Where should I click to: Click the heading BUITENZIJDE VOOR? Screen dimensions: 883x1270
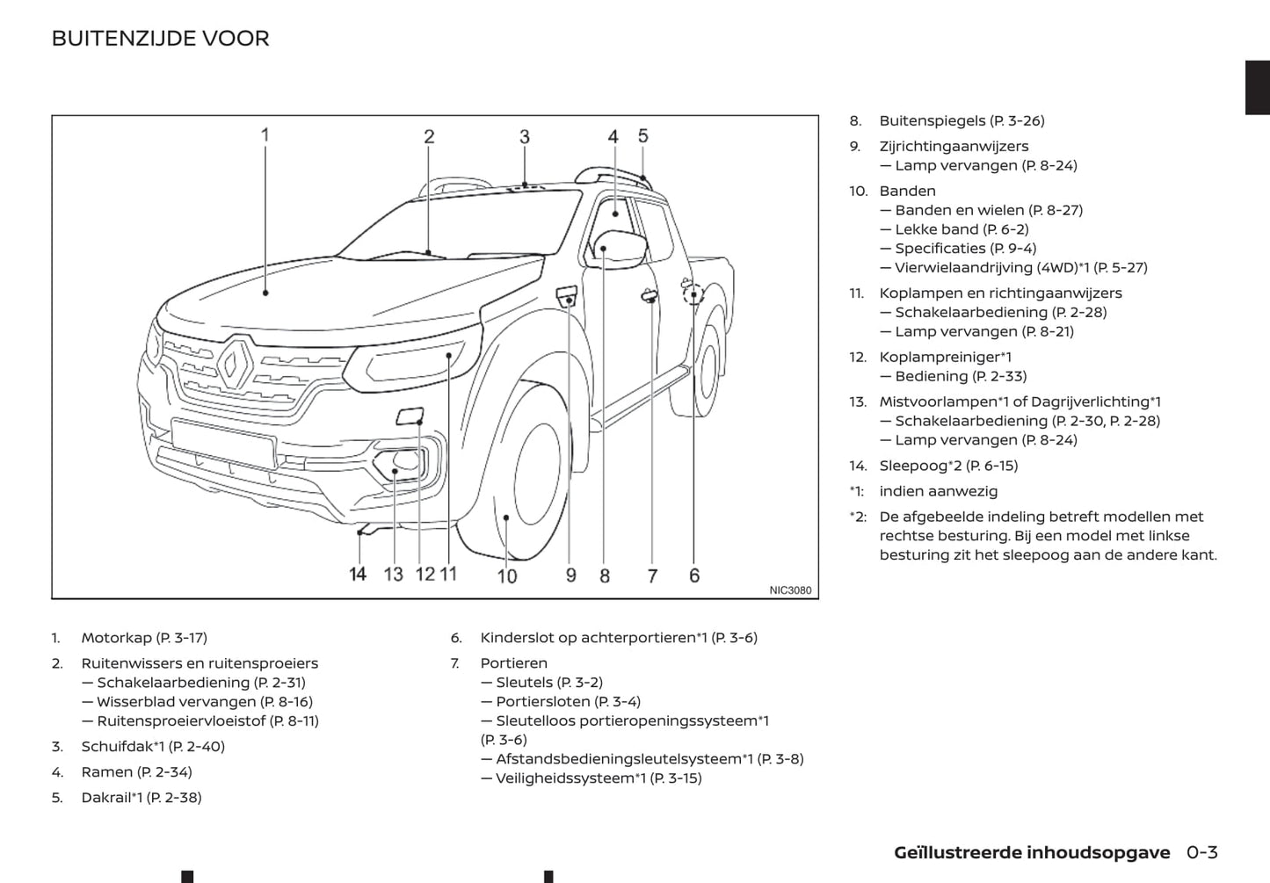(x=160, y=39)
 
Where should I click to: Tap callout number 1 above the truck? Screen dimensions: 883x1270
(x=265, y=135)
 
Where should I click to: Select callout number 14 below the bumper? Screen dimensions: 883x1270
(x=358, y=575)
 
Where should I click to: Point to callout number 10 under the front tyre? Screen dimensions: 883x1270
(x=507, y=576)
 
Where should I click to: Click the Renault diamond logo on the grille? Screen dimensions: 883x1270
(x=236, y=364)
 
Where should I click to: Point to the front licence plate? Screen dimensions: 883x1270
(x=223, y=443)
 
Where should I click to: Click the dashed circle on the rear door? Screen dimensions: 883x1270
(x=693, y=293)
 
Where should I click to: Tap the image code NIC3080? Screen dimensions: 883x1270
(x=790, y=590)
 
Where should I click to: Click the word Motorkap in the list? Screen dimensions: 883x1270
(x=117, y=638)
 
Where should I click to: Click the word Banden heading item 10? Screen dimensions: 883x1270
(x=907, y=192)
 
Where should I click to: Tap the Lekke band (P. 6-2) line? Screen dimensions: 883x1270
(x=962, y=229)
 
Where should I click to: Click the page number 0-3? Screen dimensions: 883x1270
(x=1201, y=852)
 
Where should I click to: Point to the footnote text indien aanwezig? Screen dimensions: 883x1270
(x=938, y=492)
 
